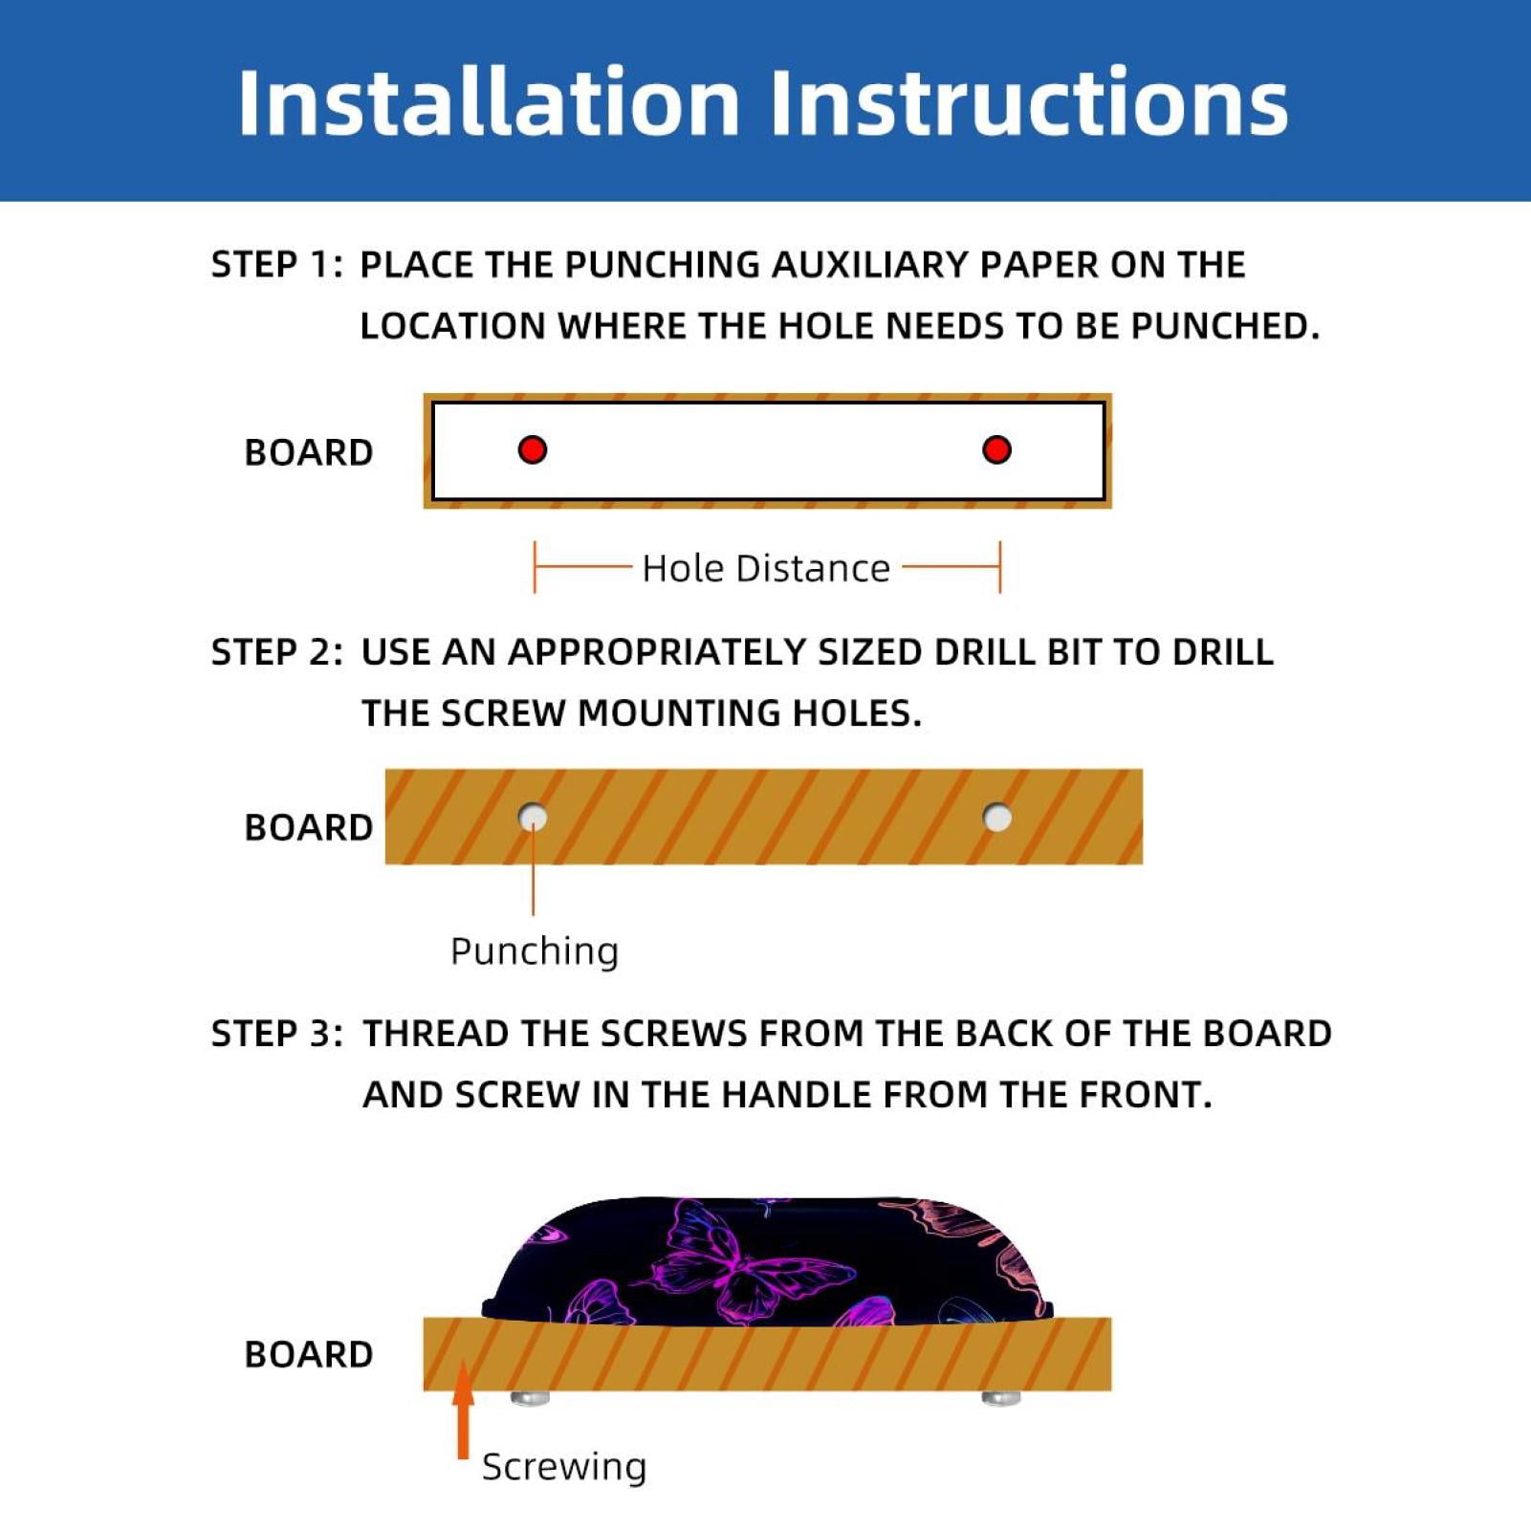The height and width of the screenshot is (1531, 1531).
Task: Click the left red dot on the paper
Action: tap(533, 449)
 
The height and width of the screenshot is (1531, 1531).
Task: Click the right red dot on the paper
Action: tap(996, 449)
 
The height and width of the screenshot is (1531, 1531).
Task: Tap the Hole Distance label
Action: tap(766, 568)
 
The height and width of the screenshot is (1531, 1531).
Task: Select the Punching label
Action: tap(535, 951)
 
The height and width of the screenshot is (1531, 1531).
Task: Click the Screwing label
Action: tap(564, 1467)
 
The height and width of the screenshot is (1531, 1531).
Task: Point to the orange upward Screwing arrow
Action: tap(463, 1410)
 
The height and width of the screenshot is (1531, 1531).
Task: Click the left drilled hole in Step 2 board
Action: tap(533, 818)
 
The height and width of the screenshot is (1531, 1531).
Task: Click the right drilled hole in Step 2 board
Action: tap(997, 818)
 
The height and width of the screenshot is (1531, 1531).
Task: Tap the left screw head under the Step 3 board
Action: tap(530, 1399)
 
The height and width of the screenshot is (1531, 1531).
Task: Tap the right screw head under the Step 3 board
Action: tap(1001, 1399)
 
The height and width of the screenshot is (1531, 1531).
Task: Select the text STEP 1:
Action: tap(276, 265)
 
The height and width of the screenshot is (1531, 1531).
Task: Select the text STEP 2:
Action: tap(276, 652)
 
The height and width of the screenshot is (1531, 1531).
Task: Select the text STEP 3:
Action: tap(276, 1034)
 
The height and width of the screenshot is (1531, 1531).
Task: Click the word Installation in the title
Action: tap(489, 102)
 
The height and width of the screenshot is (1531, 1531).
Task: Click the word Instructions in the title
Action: tap(1029, 102)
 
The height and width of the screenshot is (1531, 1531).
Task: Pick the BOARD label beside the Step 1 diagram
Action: tap(309, 452)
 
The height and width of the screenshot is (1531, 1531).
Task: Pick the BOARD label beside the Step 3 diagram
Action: tap(309, 1354)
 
